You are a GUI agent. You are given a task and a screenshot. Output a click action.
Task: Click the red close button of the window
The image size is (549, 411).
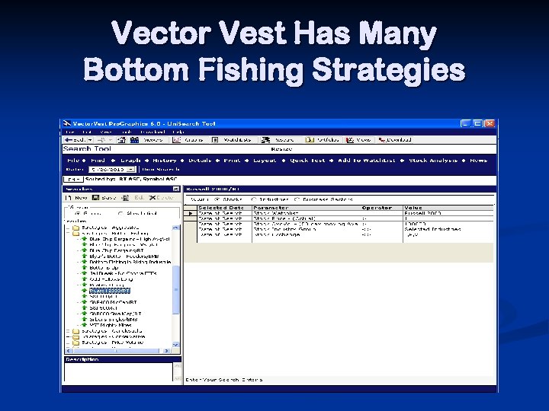click(490, 123)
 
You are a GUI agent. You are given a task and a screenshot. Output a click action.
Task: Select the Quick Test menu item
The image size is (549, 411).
click(308, 161)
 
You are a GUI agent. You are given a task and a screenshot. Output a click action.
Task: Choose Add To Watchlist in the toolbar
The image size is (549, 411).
click(366, 161)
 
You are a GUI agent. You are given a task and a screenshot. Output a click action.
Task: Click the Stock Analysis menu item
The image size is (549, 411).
click(433, 161)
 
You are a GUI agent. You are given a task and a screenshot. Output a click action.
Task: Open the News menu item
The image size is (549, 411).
click(478, 161)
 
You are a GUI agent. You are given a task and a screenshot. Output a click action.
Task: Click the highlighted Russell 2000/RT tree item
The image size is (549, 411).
click(110, 290)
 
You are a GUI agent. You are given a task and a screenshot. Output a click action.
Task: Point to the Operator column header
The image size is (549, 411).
click(376, 207)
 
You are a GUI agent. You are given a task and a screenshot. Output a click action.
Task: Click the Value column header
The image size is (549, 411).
click(413, 207)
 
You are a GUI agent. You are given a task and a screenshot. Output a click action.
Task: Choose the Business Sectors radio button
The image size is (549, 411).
click(328, 199)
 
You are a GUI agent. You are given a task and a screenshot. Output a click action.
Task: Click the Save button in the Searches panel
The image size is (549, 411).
click(107, 197)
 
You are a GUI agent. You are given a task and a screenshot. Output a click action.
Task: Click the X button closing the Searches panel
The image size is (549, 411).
click(176, 188)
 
